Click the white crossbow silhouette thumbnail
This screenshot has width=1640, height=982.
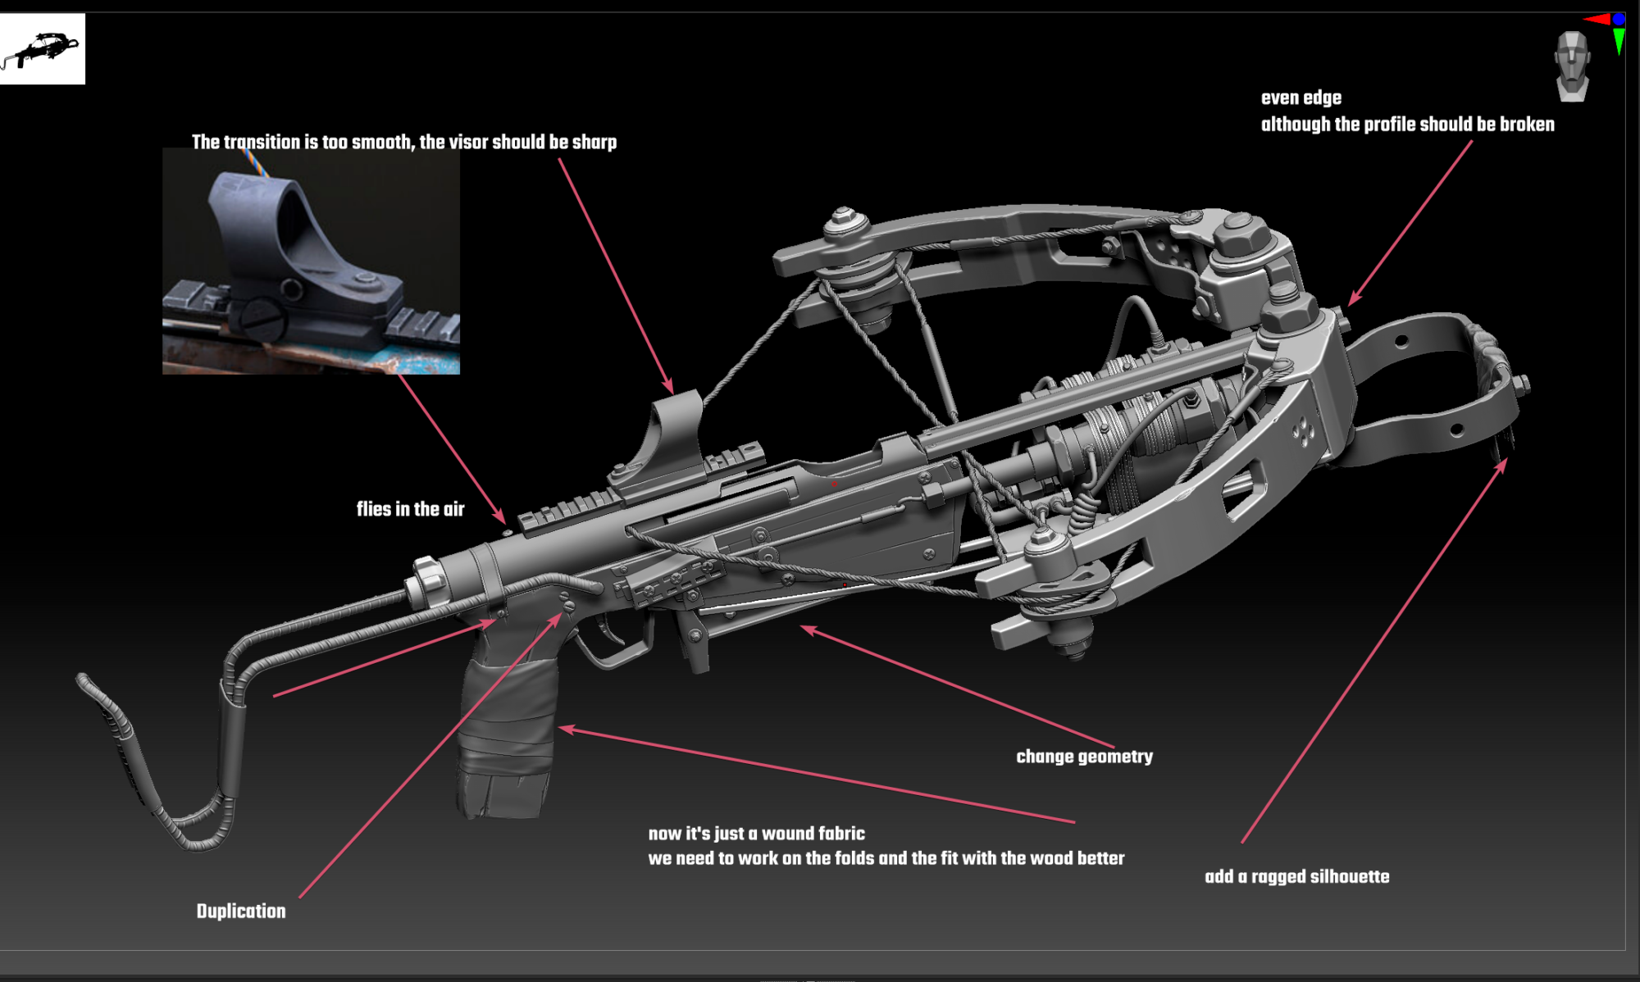point(42,48)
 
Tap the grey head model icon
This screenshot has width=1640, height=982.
point(1572,66)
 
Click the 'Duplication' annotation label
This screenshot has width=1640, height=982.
point(241,912)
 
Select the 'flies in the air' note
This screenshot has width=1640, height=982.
point(410,509)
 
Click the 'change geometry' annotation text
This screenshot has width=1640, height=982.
point(1084,757)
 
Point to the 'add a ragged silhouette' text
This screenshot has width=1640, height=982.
point(1296,877)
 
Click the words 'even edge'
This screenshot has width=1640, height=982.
point(1301,98)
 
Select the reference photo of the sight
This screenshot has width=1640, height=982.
point(311,261)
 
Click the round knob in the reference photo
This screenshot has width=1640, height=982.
point(261,316)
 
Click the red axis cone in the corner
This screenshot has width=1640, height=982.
point(1597,19)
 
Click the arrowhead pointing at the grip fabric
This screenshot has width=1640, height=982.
point(564,728)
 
